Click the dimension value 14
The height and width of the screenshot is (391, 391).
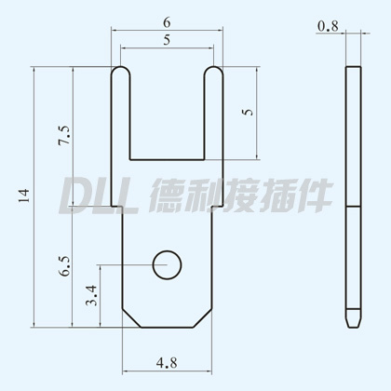click(24, 195)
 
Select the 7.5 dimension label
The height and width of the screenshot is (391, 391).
click(64, 136)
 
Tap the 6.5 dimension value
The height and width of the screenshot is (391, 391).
click(64, 266)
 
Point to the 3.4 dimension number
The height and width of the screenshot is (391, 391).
click(91, 295)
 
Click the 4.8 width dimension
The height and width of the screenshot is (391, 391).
click(167, 362)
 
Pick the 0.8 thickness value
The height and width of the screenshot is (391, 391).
click(328, 26)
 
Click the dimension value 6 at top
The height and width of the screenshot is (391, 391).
click(167, 22)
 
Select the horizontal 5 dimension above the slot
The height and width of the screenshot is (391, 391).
click(167, 40)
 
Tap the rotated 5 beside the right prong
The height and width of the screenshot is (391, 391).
click(248, 112)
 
